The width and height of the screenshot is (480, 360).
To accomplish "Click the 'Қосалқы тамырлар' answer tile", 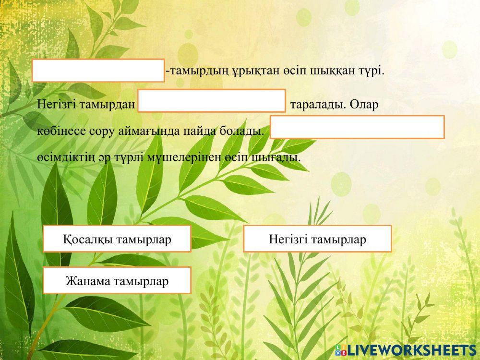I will [x=117, y=239].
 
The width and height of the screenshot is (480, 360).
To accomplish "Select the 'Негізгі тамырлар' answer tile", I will [x=317, y=239].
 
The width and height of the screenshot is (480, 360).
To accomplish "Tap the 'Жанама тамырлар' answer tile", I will [x=117, y=280].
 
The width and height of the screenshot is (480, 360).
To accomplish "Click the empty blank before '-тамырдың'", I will [x=98, y=71].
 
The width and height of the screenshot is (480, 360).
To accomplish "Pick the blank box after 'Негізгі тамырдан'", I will [x=212, y=101].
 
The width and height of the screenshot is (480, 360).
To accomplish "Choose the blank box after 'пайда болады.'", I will [x=357, y=127].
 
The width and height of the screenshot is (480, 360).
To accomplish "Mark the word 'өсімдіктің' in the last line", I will [x=63, y=157].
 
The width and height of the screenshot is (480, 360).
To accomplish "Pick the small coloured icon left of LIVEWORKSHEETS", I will [x=341, y=349].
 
